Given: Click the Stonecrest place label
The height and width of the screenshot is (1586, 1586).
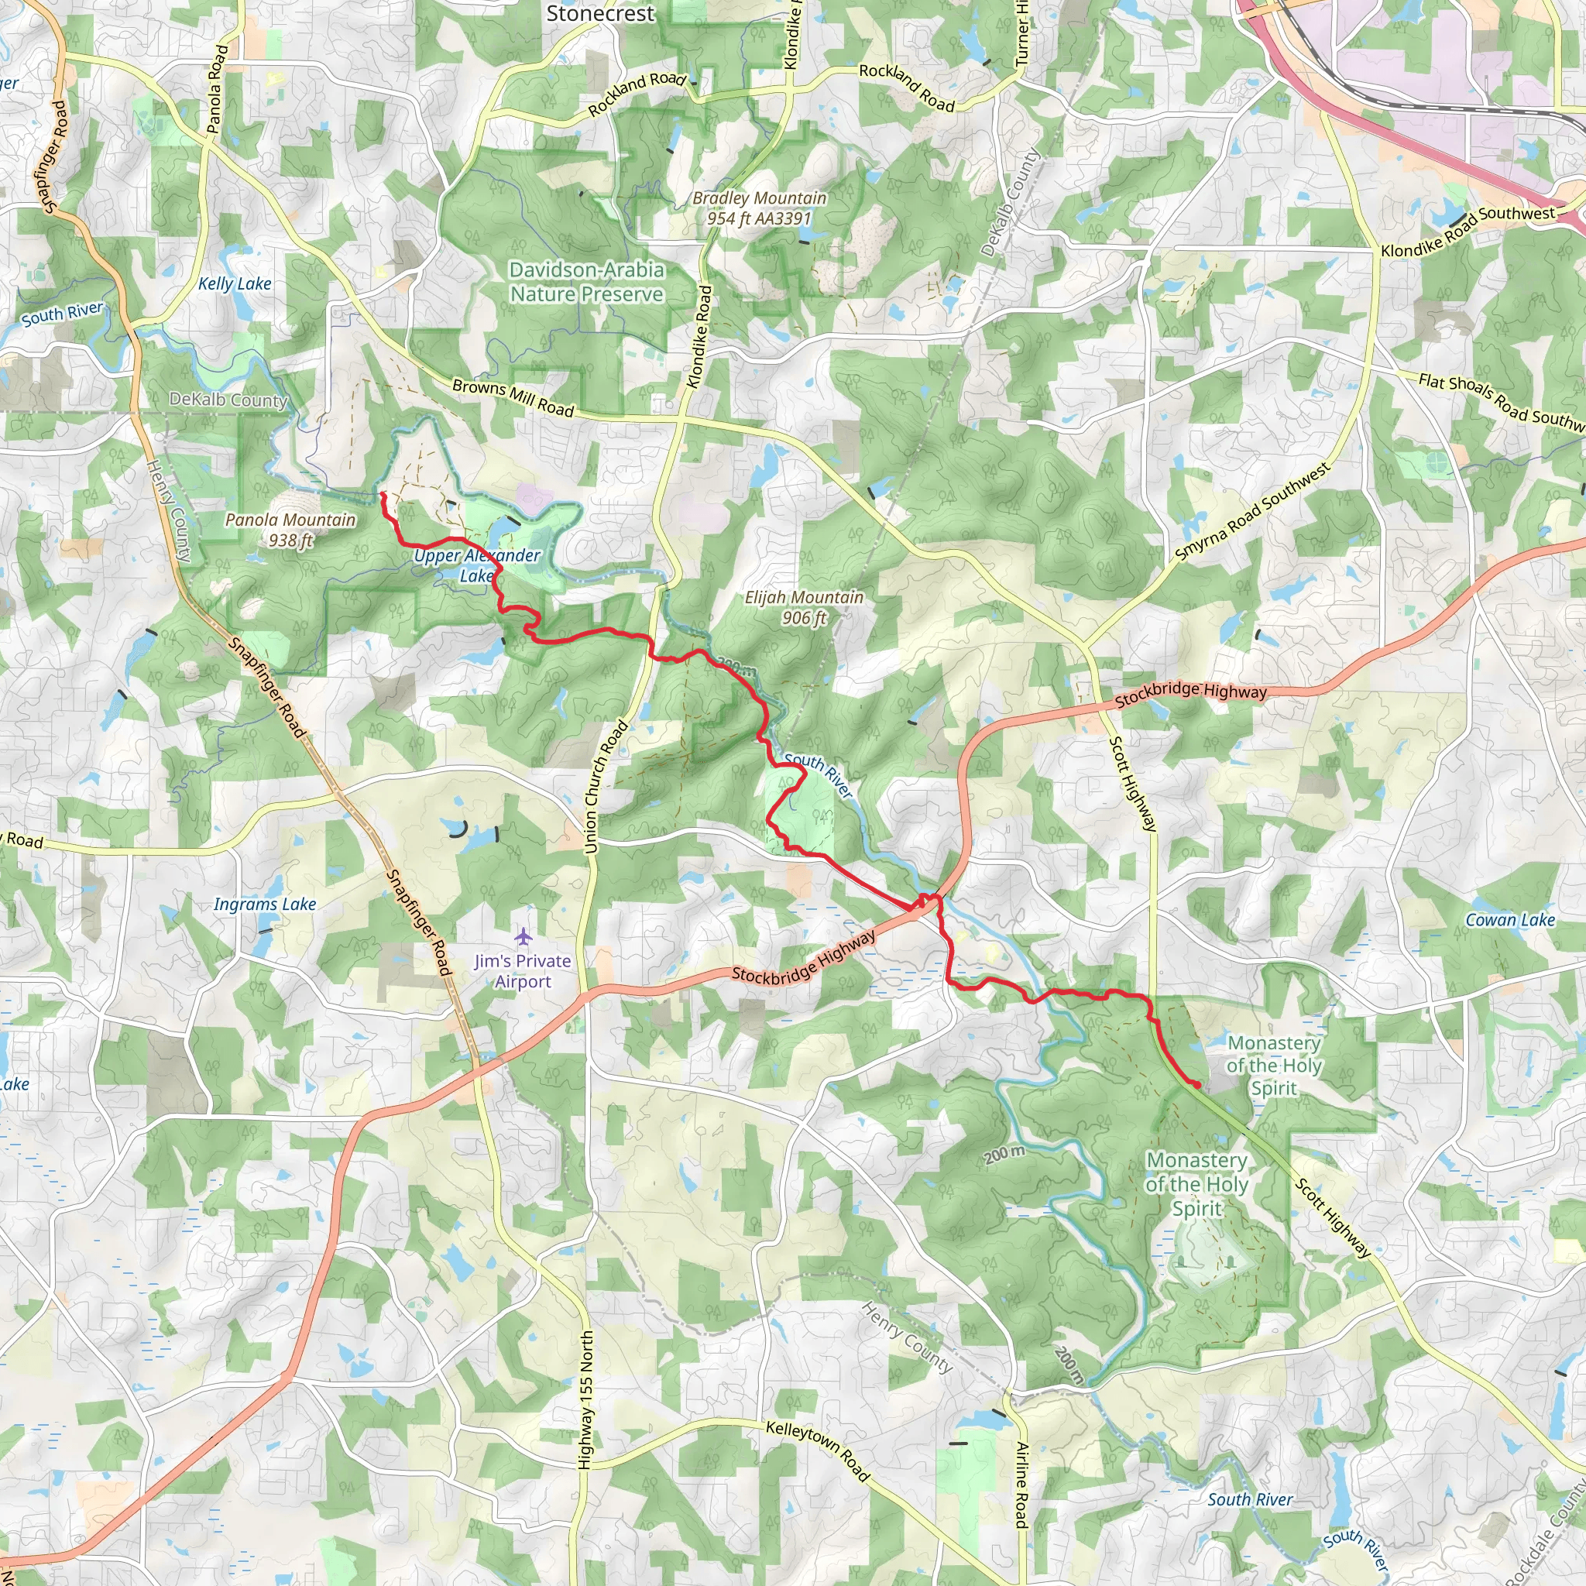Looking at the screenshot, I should [x=600, y=14].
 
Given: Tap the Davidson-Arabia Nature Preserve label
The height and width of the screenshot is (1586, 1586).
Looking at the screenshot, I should [x=586, y=282].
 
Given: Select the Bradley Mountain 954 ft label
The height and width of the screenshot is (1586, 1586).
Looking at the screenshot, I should [x=760, y=208].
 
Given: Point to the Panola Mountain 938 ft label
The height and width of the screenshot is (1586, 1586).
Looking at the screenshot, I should [x=290, y=530].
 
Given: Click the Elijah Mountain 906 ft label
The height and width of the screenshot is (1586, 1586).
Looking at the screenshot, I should [x=804, y=607].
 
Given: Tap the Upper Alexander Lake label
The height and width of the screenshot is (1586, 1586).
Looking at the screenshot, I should [x=477, y=565].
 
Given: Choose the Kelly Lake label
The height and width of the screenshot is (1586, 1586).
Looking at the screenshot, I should [x=235, y=284].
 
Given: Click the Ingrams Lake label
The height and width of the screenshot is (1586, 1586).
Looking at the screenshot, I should [x=265, y=904].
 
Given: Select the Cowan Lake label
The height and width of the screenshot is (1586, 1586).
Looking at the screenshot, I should [x=1509, y=920].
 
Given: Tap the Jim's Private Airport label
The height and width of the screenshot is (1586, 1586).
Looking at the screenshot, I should [x=523, y=971].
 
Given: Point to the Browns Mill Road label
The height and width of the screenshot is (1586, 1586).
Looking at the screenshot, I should [x=513, y=397].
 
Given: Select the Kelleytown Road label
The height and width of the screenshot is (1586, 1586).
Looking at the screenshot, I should [x=817, y=1450].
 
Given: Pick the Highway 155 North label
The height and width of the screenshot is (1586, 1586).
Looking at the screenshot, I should [x=585, y=1399].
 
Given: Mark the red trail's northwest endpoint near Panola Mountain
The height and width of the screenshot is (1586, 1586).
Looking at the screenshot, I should [x=382, y=494].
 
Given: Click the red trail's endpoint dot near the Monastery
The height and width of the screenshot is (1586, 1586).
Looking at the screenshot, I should [x=1197, y=1085].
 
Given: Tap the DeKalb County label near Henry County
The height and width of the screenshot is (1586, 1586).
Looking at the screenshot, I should [x=228, y=400].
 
